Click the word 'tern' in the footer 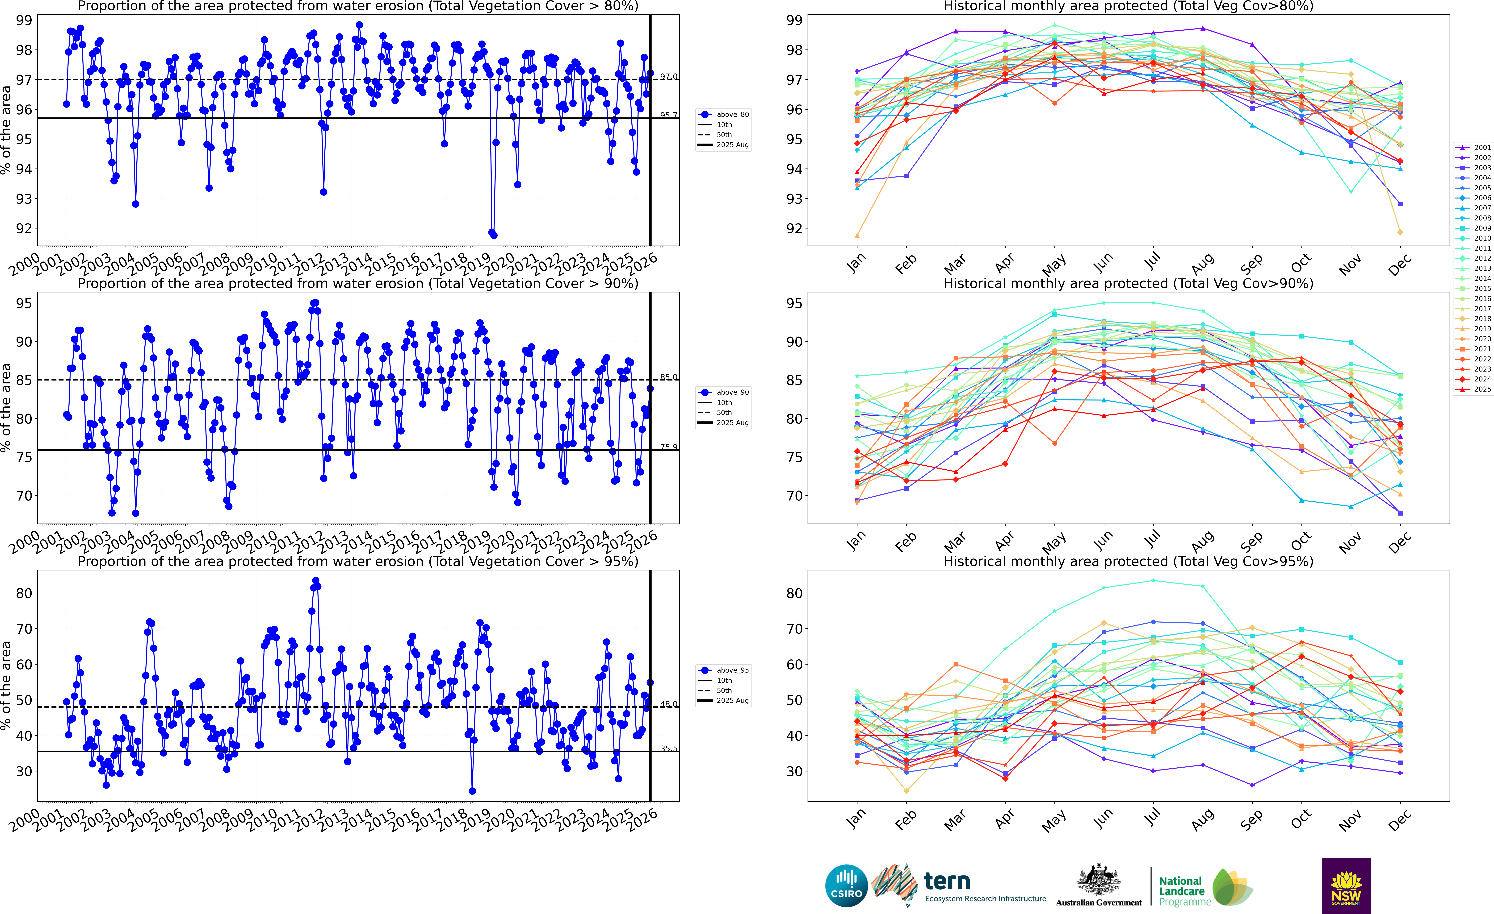click(x=947, y=881)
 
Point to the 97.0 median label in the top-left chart click(x=669, y=77)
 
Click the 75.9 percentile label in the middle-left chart click(x=669, y=447)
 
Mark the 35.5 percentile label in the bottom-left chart click(x=669, y=749)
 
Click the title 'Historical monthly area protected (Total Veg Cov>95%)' click(x=1128, y=561)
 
